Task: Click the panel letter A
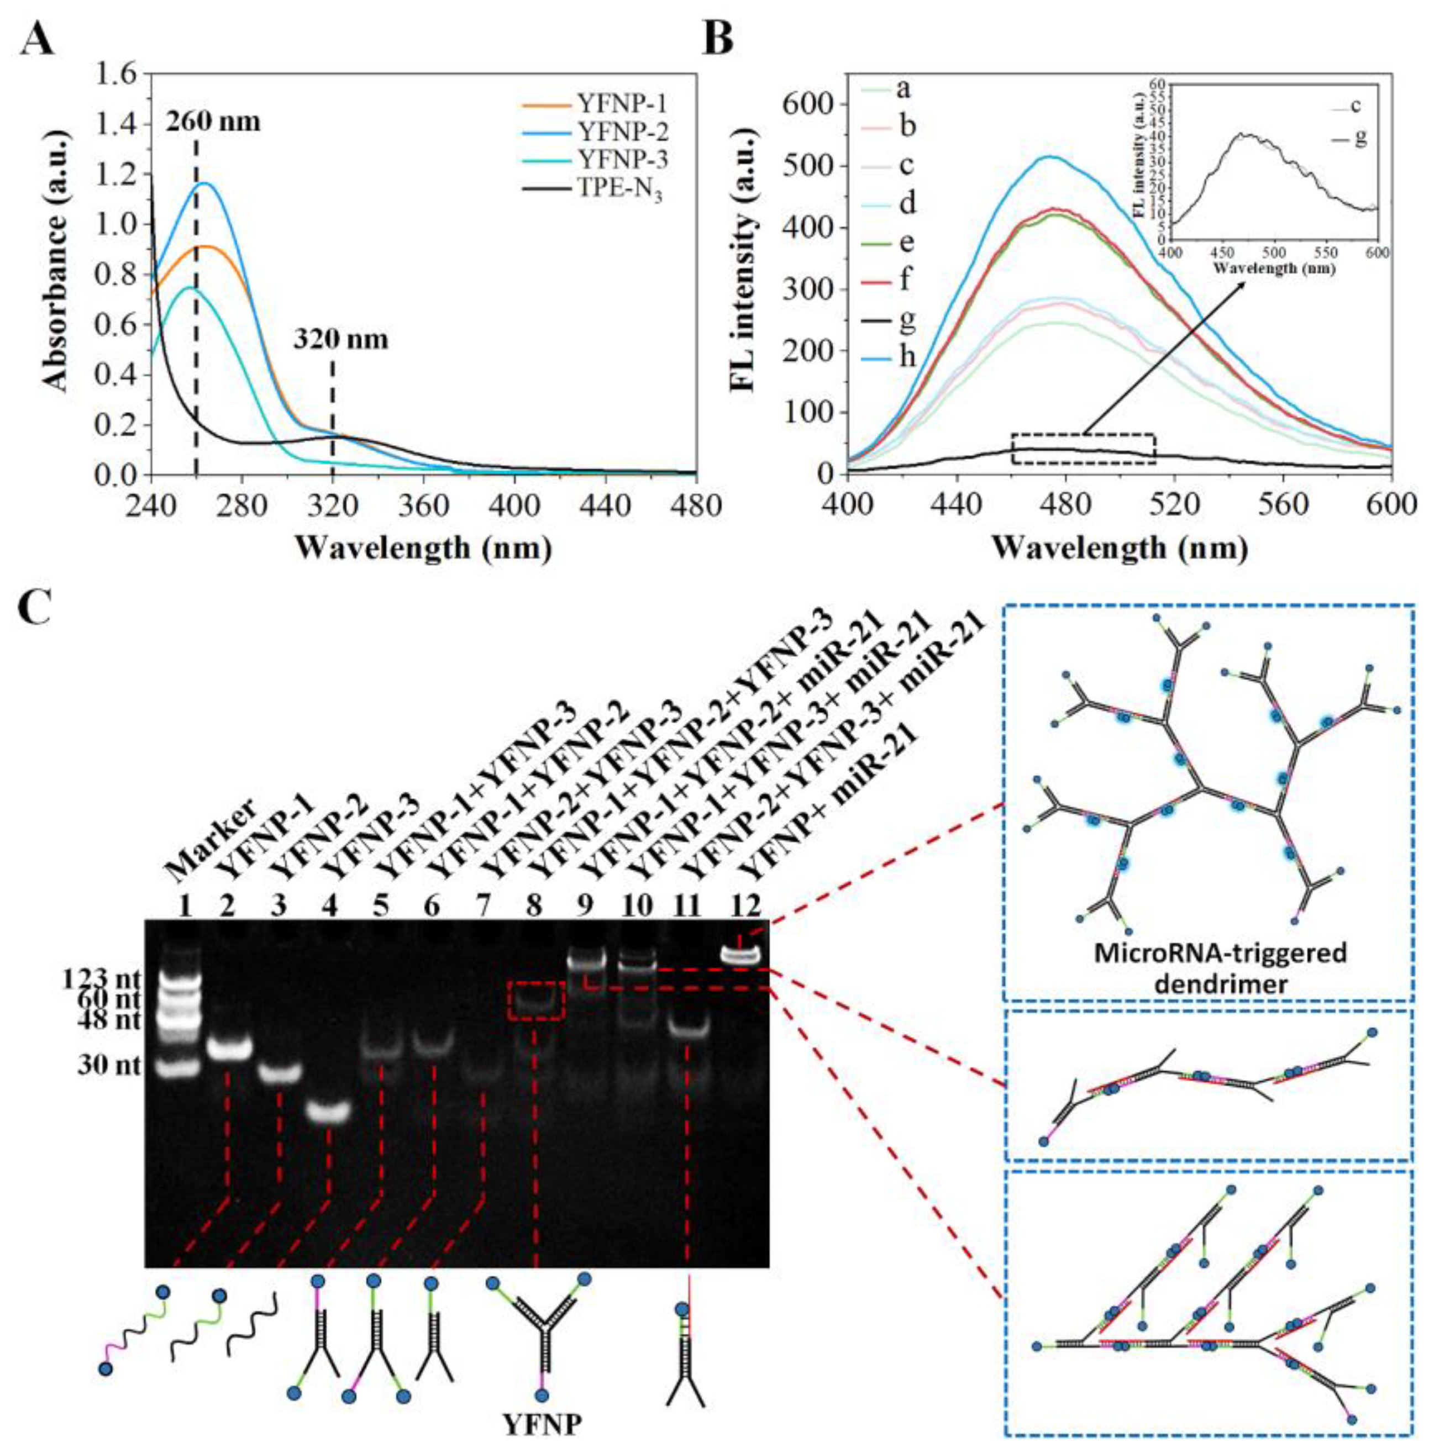[x=38, y=39]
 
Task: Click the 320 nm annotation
[x=340, y=340]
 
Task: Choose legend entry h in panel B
[x=907, y=357]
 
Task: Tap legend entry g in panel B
[x=907, y=319]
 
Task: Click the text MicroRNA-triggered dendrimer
[x=1209, y=967]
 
